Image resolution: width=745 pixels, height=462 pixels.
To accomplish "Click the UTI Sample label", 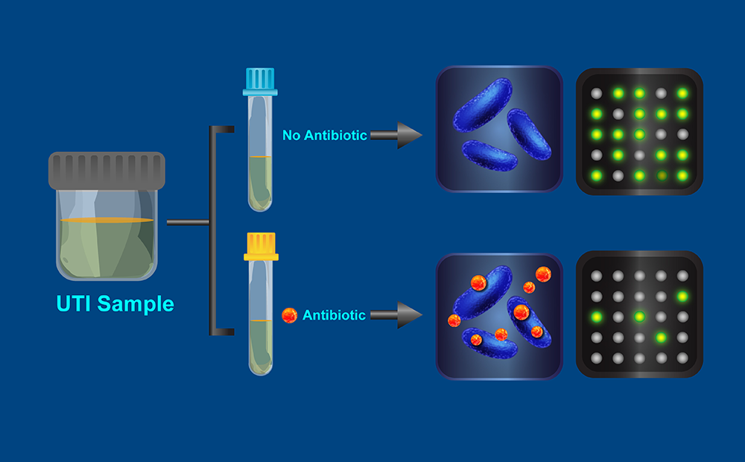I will click(x=115, y=304).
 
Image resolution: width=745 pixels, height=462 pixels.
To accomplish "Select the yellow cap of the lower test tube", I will click(x=261, y=247).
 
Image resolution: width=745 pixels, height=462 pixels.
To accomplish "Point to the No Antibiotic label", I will click(x=324, y=136).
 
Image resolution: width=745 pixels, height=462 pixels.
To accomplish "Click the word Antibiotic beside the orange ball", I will click(x=334, y=315).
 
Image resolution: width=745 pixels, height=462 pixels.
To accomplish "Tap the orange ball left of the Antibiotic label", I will click(x=289, y=315).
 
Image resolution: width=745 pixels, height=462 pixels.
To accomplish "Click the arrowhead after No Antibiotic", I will click(x=409, y=136).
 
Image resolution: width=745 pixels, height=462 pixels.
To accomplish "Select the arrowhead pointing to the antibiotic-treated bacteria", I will click(x=409, y=315).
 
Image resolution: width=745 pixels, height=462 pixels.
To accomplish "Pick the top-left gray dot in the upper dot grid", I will click(x=596, y=94).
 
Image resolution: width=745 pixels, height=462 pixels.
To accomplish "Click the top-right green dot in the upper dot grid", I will click(x=682, y=94).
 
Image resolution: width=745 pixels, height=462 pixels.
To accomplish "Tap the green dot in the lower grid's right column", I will click(x=682, y=297).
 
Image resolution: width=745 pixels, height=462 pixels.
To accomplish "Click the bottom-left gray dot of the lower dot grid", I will click(x=596, y=358).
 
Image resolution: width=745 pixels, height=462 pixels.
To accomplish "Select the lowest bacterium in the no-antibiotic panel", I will click(x=490, y=155).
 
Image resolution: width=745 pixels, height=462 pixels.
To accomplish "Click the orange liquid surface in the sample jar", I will click(x=107, y=221).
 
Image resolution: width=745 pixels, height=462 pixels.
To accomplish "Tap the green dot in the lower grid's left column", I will click(x=596, y=317).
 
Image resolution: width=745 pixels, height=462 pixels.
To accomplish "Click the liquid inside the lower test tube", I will click(x=260, y=346).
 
